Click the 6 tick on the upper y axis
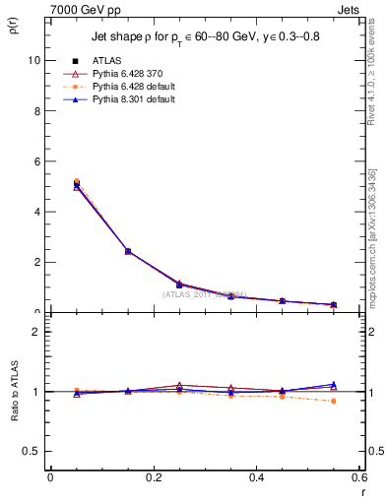pos(37,161)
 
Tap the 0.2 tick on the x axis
pos(153,477)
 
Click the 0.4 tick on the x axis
pos(256,477)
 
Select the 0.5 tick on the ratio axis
pos(32,451)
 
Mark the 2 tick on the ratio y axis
pos(37,332)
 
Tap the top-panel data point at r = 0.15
pos(128,251)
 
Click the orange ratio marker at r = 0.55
pos(334,401)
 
